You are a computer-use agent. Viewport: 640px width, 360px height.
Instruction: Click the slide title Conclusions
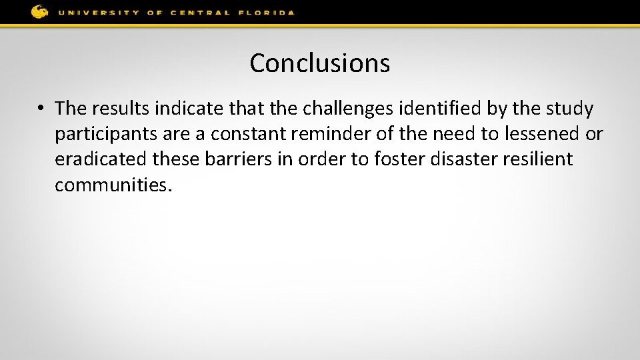320,63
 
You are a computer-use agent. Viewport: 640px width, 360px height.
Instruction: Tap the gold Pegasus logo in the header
39,11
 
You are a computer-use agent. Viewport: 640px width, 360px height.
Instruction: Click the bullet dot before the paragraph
41,108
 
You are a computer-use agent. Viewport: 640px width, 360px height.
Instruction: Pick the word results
121,108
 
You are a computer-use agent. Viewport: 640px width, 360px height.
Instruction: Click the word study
569,108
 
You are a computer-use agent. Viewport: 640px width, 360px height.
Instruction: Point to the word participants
105,134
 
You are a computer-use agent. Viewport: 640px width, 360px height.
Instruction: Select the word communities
113,185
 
